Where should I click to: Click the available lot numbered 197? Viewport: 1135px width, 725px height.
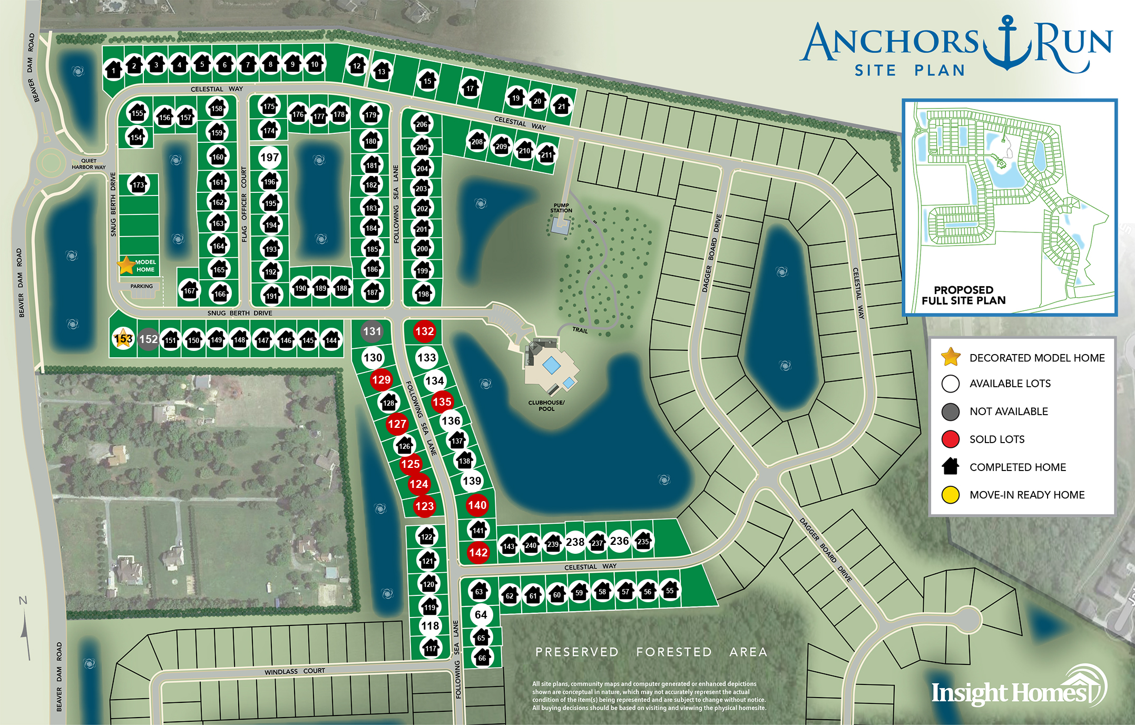pos(269,157)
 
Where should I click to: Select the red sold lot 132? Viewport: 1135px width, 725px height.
pos(424,331)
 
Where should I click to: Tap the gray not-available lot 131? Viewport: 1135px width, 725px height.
pos(372,331)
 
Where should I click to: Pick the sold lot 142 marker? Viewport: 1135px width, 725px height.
pos(478,553)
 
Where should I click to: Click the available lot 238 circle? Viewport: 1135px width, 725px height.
pos(575,542)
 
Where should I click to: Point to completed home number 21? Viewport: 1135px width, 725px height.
pos(561,106)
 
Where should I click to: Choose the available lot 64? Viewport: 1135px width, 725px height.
pos(481,615)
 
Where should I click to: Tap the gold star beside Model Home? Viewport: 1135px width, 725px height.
pos(126,266)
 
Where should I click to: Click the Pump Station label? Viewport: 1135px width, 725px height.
pos(561,208)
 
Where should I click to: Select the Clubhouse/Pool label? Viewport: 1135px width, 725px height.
pos(546,406)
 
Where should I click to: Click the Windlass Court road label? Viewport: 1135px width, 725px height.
pos(295,671)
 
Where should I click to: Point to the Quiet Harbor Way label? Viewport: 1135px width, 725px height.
pos(89,164)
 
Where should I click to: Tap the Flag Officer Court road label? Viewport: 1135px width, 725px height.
pos(244,204)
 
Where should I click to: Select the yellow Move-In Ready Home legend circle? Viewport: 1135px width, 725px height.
pos(950,495)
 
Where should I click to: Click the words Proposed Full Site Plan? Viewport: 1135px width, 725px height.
pos(963,295)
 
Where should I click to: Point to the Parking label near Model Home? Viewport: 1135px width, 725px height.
pos(141,287)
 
